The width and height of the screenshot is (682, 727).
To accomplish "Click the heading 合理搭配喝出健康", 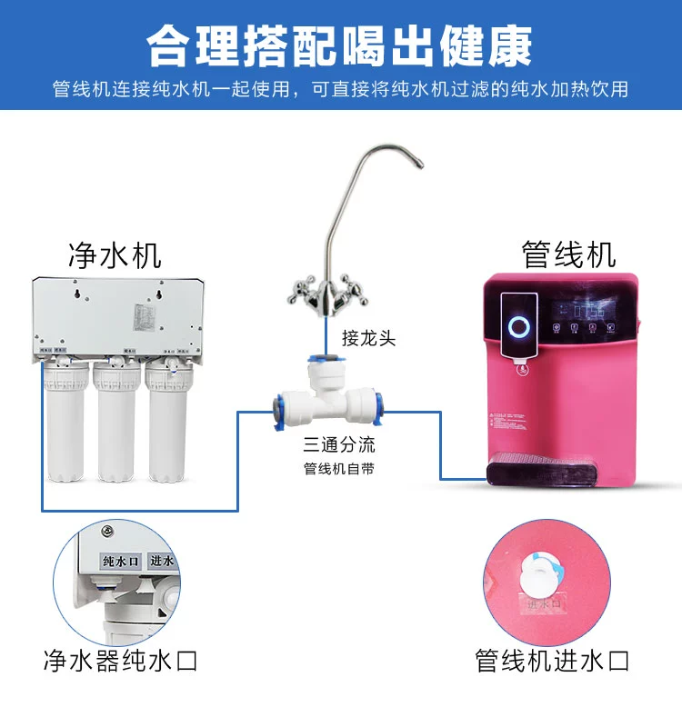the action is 340,45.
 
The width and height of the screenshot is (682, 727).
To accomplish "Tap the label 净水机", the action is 115,254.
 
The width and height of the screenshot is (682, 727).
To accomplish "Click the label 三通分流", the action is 339,445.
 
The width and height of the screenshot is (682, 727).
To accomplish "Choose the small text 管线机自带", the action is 339,470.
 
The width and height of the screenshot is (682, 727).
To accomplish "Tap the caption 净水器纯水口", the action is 120,661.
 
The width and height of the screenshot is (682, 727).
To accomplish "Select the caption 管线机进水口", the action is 553,661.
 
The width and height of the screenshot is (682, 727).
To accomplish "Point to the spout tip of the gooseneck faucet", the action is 420,164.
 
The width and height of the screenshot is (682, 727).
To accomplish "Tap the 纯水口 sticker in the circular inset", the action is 119,563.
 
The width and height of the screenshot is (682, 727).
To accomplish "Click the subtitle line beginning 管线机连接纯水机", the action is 340,91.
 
